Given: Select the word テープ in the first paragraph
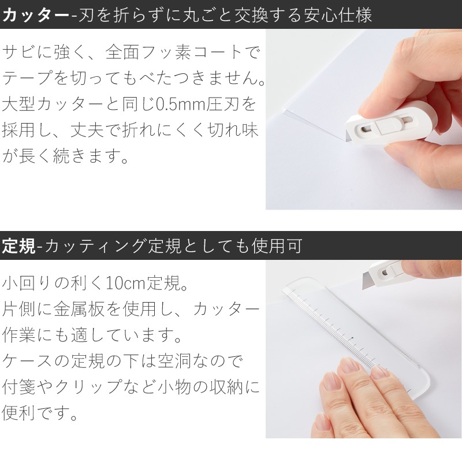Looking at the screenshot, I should point(31,79).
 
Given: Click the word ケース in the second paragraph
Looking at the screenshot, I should point(30,361).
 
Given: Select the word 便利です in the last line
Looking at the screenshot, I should point(40,413).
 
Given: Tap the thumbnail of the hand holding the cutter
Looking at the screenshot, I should point(364,119).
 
